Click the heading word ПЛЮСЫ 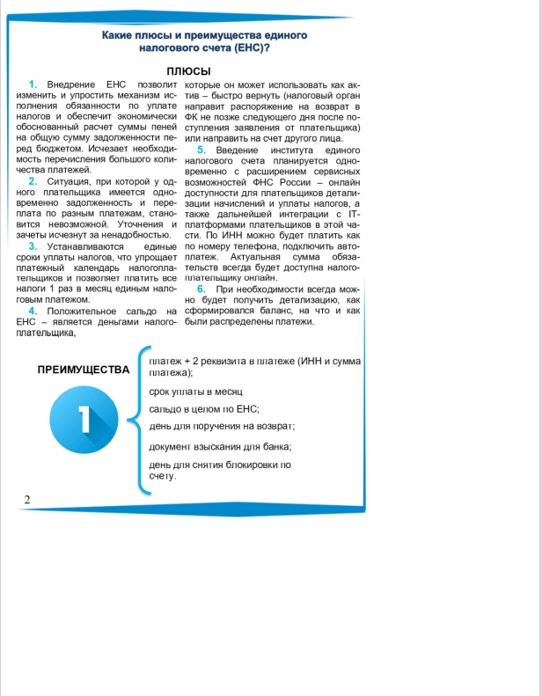[188, 71]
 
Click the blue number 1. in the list [33, 83]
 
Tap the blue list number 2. [33, 181]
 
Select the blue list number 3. [33, 247]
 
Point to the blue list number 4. [33, 312]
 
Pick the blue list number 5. [201, 150]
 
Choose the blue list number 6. [201, 289]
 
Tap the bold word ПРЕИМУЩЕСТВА [84, 370]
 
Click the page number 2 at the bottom [27, 500]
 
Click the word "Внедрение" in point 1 [72, 83]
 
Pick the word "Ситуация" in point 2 [70, 181]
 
